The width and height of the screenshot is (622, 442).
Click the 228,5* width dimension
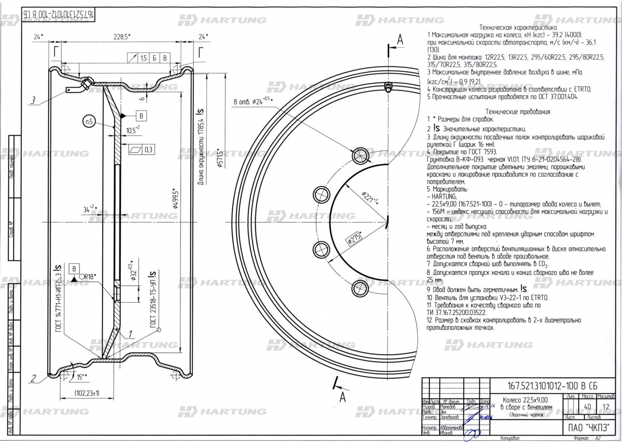(121, 37)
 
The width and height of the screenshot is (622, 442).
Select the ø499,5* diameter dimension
(175, 199)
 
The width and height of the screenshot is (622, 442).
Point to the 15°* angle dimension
(82, 377)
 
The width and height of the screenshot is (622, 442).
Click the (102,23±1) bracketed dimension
(87, 393)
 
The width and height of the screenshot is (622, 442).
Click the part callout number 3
(33, 100)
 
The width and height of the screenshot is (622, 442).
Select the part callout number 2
(34, 378)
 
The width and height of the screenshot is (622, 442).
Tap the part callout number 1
(130, 334)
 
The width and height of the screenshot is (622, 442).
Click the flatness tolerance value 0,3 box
(148, 150)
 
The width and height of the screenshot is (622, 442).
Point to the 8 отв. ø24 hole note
(253, 101)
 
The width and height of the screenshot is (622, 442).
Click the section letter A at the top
(400, 40)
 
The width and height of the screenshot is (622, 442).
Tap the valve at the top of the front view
(388, 88)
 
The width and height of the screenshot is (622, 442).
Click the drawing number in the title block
(552, 386)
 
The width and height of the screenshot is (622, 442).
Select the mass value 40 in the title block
(587, 407)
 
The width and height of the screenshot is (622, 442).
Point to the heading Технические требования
(518, 111)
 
